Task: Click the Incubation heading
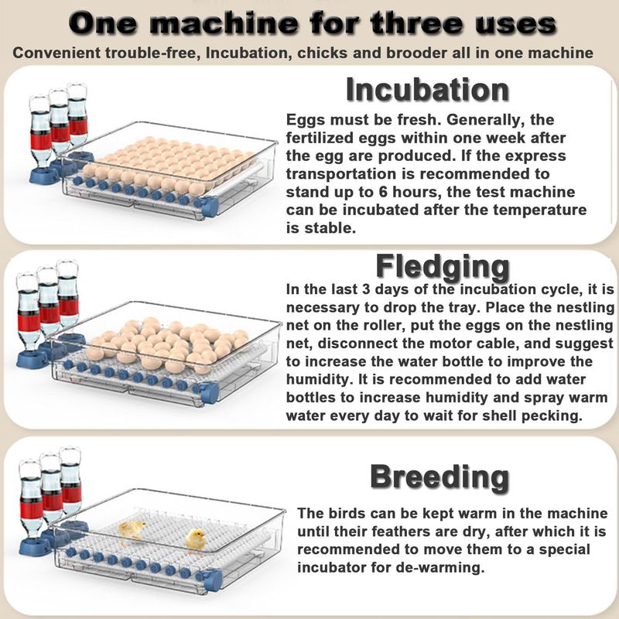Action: point(428,90)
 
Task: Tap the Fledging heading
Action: point(443,267)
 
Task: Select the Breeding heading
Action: point(439,477)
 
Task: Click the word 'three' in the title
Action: point(417,23)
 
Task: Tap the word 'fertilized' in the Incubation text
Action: point(319,138)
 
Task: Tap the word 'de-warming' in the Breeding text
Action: point(444,568)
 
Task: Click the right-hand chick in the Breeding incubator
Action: point(196,539)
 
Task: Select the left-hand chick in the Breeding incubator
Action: point(132,530)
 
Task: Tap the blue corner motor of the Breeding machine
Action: point(212,580)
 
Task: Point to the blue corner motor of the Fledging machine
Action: point(209,392)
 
